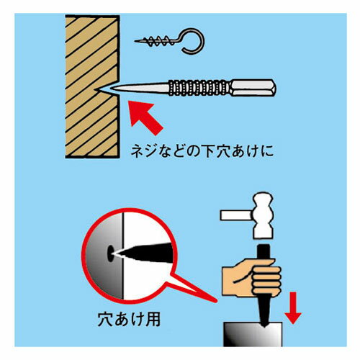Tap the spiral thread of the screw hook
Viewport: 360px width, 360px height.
point(157,41)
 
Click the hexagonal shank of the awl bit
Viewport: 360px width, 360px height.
point(253,88)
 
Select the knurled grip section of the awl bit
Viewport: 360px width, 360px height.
point(199,88)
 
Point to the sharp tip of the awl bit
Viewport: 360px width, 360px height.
point(113,89)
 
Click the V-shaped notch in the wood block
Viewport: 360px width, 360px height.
point(107,89)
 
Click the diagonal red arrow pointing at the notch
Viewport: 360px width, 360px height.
point(145,117)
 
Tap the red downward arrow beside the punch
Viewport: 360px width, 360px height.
point(293,308)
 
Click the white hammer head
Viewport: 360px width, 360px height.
point(263,215)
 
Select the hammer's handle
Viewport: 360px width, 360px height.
point(237,215)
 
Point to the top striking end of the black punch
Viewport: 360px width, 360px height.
point(264,246)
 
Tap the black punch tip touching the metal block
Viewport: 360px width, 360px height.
point(264,325)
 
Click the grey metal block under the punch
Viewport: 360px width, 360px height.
point(253,335)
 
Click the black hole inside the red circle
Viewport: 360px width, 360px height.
point(110,253)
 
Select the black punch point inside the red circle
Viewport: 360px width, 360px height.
point(144,253)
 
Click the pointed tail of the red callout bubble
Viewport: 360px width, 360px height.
point(215,300)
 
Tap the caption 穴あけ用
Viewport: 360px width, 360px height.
point(129,320)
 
